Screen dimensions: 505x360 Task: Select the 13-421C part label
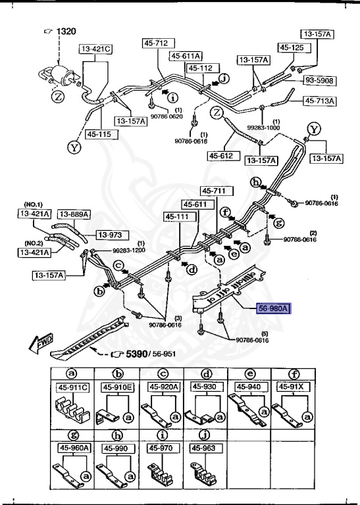coord(96,49)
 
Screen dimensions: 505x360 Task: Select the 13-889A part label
coord(74,214)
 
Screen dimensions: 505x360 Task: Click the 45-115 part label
coord(96,134)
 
